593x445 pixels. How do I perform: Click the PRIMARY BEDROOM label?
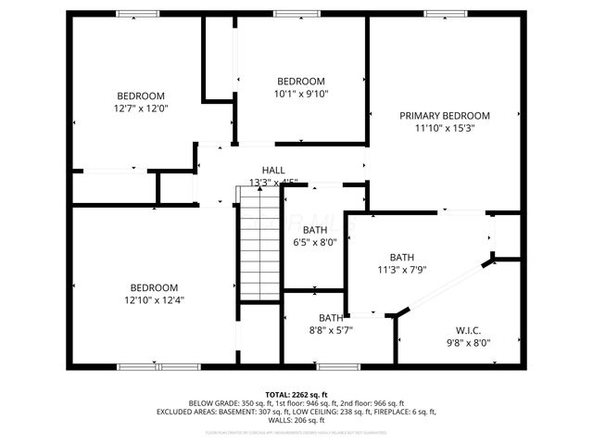click(445, 116)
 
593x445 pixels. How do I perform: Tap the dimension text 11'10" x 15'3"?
click(445, 129)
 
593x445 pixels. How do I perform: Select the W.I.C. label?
click(468, 329)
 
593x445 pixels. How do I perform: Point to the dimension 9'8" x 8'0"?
click(468, 342)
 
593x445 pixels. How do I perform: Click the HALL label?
click(273, 171)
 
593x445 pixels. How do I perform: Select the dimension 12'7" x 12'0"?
click(141, 108)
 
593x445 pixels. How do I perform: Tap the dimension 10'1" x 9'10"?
click(301, 93)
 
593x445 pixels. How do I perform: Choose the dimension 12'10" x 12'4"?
click(154, 300)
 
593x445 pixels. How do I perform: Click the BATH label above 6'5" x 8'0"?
click(315, 230)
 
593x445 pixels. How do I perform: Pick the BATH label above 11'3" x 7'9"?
click(401, 258)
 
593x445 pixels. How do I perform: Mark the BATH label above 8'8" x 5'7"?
click(331, 317)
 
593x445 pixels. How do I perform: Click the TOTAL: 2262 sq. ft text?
click(296, 394)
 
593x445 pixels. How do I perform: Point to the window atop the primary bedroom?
click(444, 14)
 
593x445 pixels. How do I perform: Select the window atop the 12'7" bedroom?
click(137, 14)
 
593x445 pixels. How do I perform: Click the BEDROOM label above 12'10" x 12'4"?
click(154, 287)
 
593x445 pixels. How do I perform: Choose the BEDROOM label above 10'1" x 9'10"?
click(301, 81)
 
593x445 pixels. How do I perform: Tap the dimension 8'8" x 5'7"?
click(331, 329)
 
